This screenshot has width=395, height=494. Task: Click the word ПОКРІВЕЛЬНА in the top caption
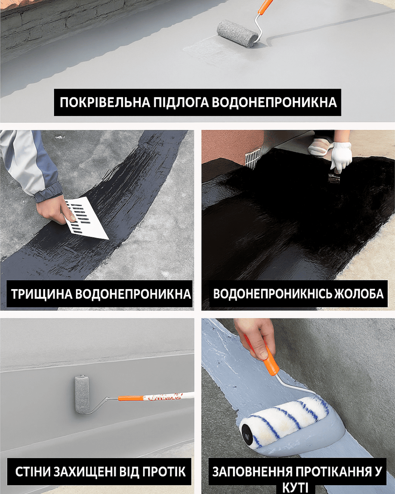click(x=105, y=102)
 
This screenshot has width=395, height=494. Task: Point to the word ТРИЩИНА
click(x=42, y=293)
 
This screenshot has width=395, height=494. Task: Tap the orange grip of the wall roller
click(x=131, y=398)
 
